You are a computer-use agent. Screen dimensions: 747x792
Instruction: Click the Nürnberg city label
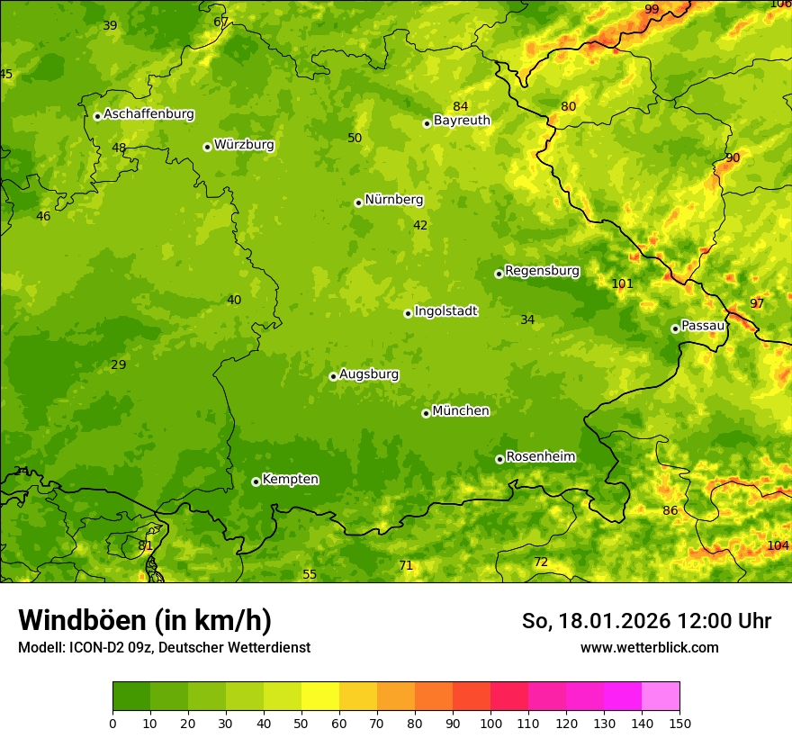point(393,200)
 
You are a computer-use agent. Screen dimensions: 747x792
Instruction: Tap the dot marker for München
point(426,413)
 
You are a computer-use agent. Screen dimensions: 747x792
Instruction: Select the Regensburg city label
point(542,271)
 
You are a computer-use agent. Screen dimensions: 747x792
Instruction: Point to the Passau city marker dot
point(675,328)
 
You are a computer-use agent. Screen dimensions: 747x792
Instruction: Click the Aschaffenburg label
point(148,114)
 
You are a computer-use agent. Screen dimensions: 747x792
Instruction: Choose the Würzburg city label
point(243,145)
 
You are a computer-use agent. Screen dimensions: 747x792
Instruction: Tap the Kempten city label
point(290,480)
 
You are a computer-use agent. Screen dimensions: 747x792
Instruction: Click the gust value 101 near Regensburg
point(622,284)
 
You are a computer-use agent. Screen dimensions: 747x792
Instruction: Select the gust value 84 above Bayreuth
point(461,107)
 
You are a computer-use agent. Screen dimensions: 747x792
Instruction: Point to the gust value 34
point(527,320)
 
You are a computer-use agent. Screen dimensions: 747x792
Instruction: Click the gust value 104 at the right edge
point(778,546)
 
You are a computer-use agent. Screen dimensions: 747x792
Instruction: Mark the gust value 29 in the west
point(119,365)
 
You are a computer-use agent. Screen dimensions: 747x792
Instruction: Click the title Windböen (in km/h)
point(145,620)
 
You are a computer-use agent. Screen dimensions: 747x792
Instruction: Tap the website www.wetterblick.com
point(649,648)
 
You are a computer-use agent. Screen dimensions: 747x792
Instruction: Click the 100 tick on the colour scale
point(490,724)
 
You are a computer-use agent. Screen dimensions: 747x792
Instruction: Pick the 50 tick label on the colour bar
point(301,724)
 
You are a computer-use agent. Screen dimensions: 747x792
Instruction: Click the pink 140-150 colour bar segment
point(661,697)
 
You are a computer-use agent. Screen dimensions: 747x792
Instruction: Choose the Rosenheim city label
point(540,457)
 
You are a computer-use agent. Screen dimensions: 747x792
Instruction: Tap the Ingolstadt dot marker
point(408,313)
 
